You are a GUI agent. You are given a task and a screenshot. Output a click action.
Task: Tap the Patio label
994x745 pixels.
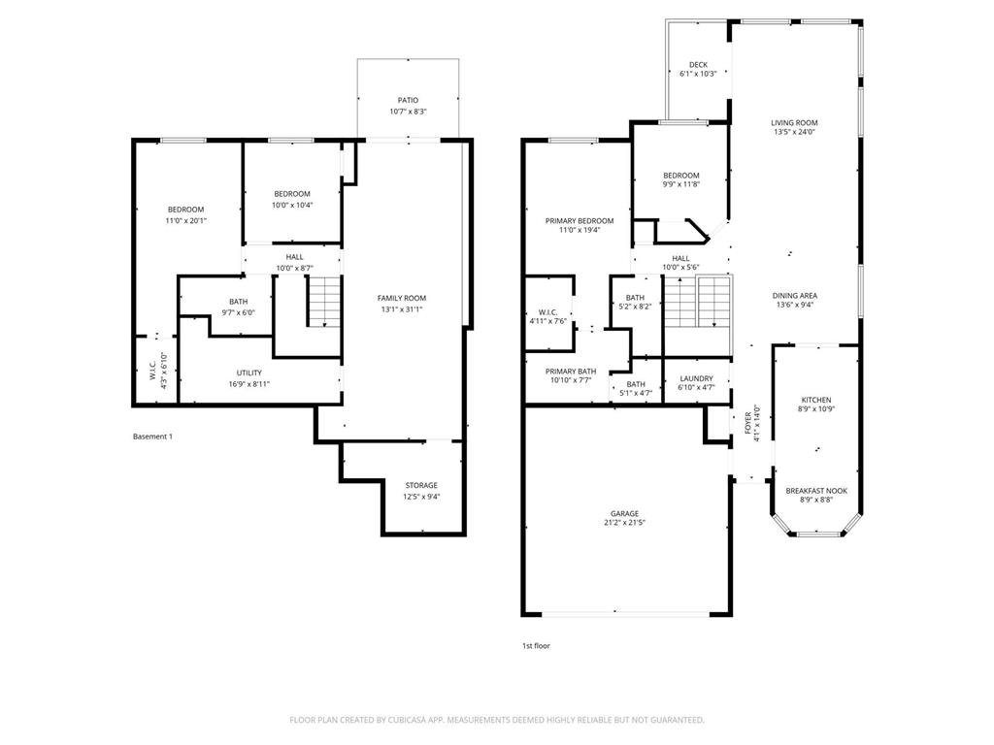click(408, 100)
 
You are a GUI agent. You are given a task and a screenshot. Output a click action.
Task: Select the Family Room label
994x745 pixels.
click(402, 298)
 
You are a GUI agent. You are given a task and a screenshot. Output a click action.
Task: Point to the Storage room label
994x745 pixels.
click(421, 485)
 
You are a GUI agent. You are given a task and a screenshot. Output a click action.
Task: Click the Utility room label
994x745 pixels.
click(248, 372)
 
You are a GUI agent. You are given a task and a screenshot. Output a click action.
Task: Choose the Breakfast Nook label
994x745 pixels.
click(815, 491)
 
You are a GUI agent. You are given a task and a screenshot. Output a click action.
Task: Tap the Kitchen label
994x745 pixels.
click(815, 400)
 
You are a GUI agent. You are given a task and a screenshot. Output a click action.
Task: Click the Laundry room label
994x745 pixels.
click(695, 378)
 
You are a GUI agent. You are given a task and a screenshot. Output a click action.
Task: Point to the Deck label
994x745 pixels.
click(698, 65)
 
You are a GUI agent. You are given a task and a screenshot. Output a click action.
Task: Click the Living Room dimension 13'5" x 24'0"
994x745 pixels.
click(794, 132)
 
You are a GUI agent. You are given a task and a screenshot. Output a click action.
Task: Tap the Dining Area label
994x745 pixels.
click(794, 296)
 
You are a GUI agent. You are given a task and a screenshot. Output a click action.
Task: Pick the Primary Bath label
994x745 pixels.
click(570, 372)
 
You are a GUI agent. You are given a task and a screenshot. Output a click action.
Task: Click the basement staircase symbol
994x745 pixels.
click(325, 301)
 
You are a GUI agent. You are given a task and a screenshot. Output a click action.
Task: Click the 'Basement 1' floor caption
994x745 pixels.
click(152, 437)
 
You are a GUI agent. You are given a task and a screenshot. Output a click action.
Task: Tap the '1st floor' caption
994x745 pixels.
click(536, 645)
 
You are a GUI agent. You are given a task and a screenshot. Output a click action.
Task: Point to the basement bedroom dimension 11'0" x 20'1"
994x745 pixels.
click(185, 220)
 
